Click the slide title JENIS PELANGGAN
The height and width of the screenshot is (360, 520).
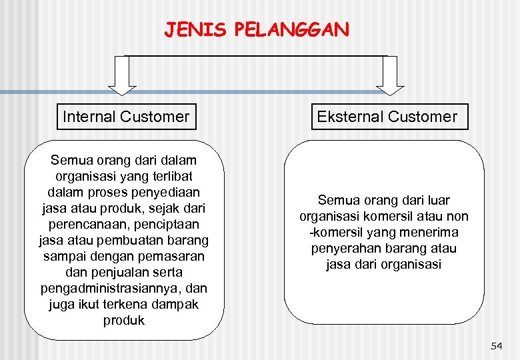(257, 30)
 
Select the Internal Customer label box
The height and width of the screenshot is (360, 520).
(125, 117)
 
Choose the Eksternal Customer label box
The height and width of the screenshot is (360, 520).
(387, 117)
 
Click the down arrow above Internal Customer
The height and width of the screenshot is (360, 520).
(123, 74)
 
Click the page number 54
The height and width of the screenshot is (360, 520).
(496, 346)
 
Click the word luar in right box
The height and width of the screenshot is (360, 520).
(437, 200)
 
